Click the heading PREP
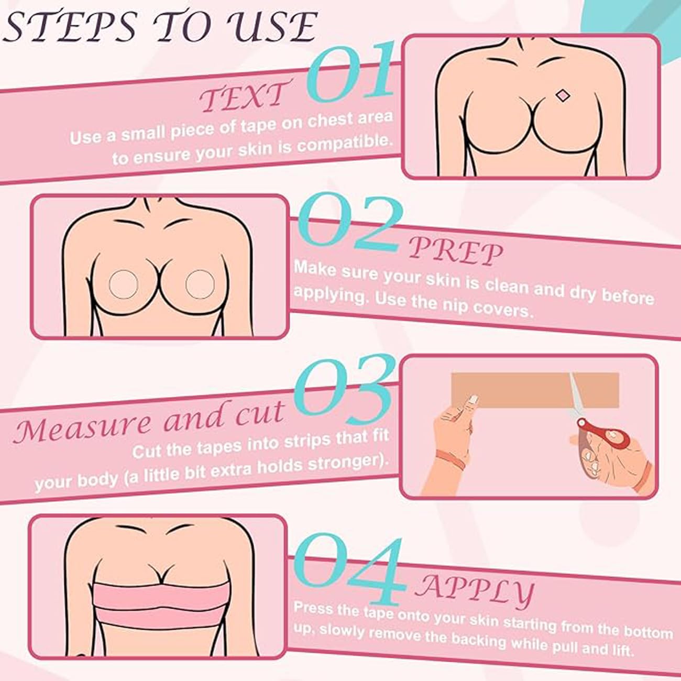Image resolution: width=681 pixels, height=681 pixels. [455, 251]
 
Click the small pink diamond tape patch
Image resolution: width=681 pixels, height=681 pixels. [562, 96]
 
